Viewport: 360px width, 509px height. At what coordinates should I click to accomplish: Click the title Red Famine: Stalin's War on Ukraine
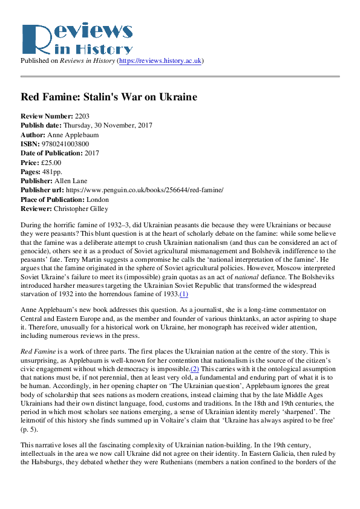109,97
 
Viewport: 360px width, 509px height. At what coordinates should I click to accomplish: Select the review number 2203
82,115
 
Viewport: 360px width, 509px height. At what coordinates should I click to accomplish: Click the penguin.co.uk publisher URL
144,190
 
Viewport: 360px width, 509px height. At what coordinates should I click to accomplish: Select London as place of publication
97,199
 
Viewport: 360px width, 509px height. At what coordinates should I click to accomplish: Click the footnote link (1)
184,294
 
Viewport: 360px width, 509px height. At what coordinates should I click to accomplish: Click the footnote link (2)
195,368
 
